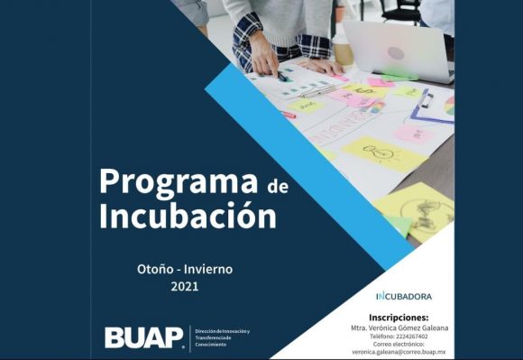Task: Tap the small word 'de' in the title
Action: pos(277,186)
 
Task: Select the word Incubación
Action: pos(187,217)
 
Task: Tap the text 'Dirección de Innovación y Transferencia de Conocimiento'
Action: pos(222,338)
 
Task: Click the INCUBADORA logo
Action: pos(403,296)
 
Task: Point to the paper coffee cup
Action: pos(343,50)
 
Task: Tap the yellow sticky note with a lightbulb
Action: pos(380,153)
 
